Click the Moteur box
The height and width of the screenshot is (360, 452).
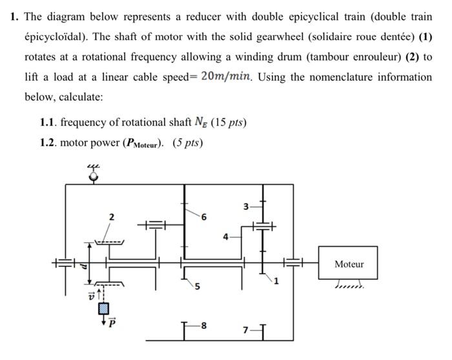349,263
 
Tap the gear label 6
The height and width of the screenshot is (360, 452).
203,218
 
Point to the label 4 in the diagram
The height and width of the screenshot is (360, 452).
225,236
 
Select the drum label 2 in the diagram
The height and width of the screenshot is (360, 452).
111,217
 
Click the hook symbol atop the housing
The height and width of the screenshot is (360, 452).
94,173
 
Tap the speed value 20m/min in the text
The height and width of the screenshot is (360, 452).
225,77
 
